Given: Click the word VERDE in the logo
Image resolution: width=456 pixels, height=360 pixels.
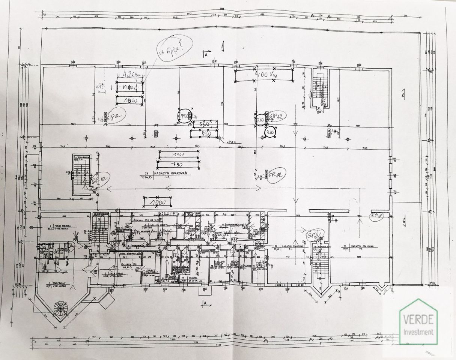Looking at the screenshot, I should point(418,320).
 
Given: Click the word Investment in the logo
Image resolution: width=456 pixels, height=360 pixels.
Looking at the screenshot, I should point(418,331).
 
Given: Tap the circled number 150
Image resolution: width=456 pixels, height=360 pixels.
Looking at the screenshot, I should point(184,117).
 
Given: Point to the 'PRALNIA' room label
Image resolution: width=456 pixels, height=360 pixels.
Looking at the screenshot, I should point(193,278).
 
